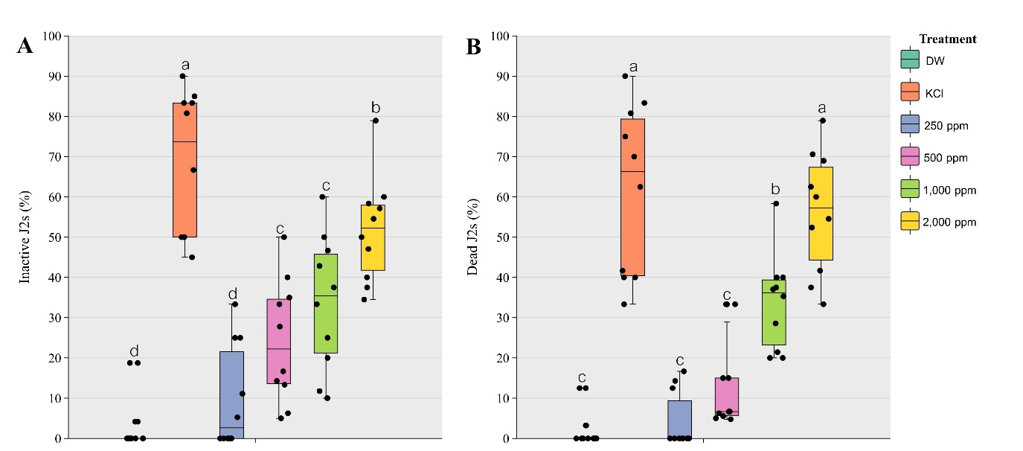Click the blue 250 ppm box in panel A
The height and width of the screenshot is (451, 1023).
(231, 394)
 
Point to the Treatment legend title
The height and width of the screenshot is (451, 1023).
(947, 39)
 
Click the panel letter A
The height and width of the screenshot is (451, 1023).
(25, 46)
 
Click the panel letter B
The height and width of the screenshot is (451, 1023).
(474, 47)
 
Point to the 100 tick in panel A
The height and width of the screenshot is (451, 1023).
(53, 36)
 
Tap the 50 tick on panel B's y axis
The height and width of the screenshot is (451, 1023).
(502, 237)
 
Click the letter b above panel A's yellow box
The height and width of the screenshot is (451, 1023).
(376, 108)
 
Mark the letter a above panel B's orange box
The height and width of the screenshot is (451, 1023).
(633, 67)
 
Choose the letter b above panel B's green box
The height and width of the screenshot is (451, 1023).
(775, 189)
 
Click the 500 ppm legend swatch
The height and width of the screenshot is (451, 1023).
(909, 158)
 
